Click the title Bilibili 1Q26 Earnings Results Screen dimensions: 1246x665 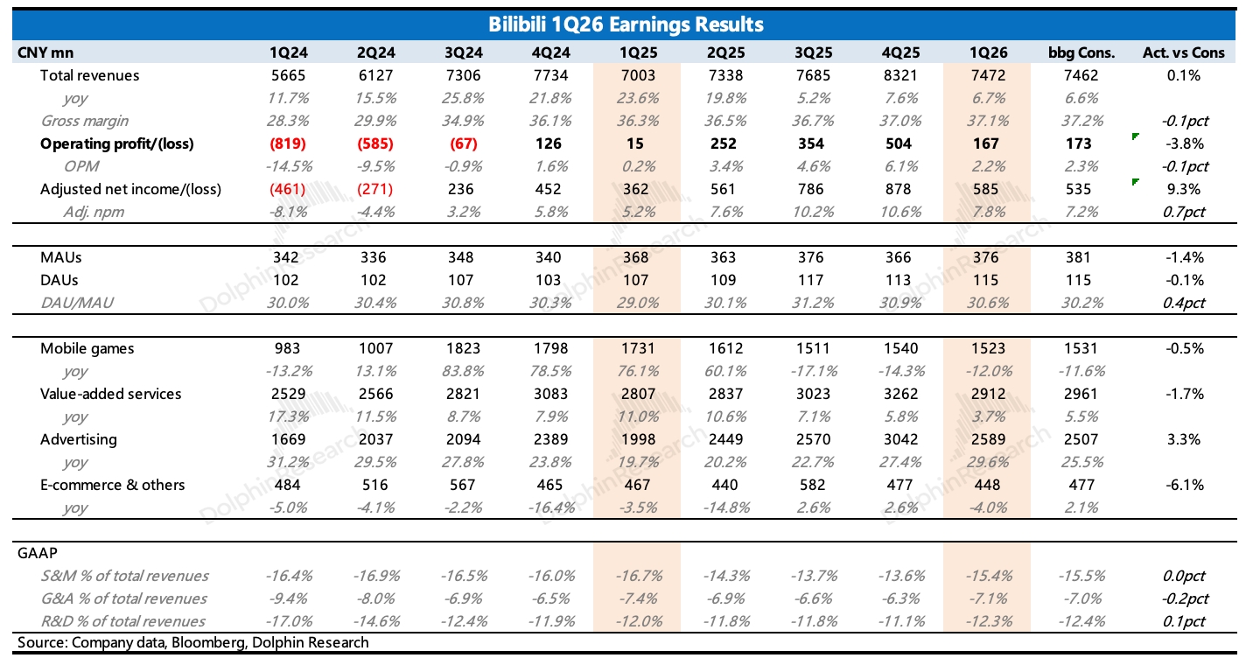(626, 24)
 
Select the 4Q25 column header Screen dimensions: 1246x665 (900, 52)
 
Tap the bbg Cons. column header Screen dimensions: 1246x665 (1081, 52)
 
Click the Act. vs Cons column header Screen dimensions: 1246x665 (1184, 52)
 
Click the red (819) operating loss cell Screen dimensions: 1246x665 (288, 143)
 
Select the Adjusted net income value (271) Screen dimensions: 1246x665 (374, 189)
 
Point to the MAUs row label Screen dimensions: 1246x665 (60, 257)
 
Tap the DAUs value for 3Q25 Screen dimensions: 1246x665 (811, 280)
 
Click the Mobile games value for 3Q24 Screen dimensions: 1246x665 (463, 348)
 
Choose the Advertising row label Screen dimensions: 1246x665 (79, 440)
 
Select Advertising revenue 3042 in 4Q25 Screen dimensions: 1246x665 (900, 440)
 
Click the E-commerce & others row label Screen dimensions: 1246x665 (112, 485)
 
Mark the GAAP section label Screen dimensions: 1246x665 (38, 553)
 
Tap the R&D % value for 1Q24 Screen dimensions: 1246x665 (289, 621)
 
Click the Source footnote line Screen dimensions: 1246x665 (193, 643)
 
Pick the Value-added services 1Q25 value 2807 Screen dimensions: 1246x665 (638, 395)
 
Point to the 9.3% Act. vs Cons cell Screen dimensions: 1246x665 (1184, 189)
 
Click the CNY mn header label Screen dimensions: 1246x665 (45, 52)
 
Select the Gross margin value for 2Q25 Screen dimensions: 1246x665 (726, 121)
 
